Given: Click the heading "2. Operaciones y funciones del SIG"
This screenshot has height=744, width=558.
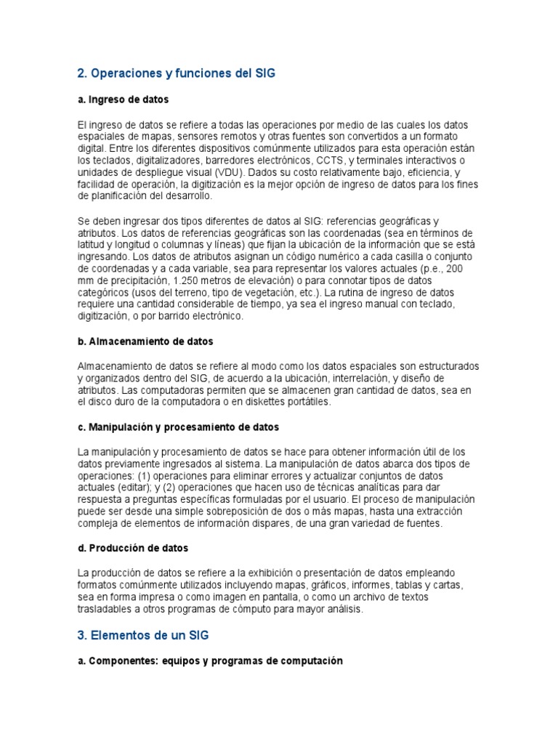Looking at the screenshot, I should click(177, 74).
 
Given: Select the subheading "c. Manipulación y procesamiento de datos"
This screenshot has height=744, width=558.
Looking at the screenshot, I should click(178, 427).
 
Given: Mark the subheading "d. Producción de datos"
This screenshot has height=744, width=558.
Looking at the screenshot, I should click(132, 548).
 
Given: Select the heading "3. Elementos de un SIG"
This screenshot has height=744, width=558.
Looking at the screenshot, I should click(142, 635).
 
